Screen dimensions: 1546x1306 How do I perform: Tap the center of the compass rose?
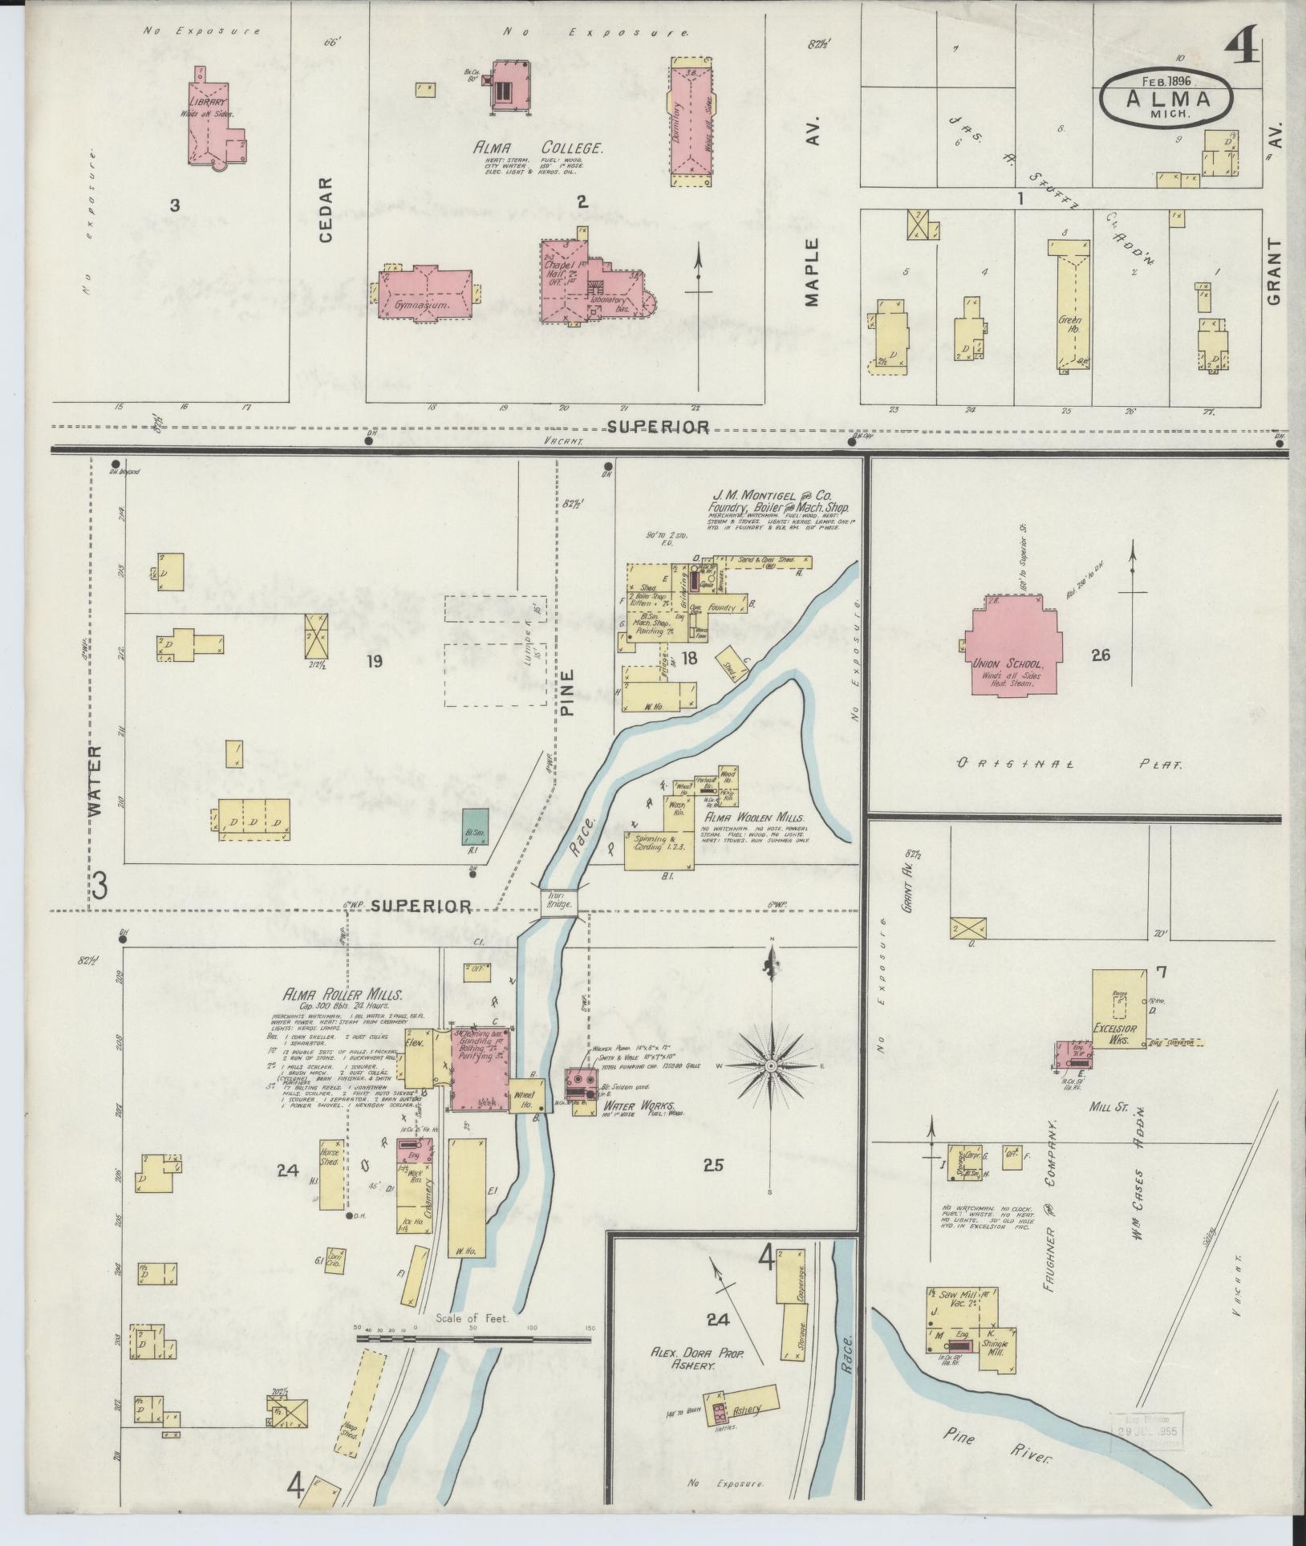(770, 1065)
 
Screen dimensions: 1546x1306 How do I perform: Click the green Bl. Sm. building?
(474, 826)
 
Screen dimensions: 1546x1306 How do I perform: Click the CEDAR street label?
(325, 209)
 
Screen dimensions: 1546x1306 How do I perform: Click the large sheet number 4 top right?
(1243, 54)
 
